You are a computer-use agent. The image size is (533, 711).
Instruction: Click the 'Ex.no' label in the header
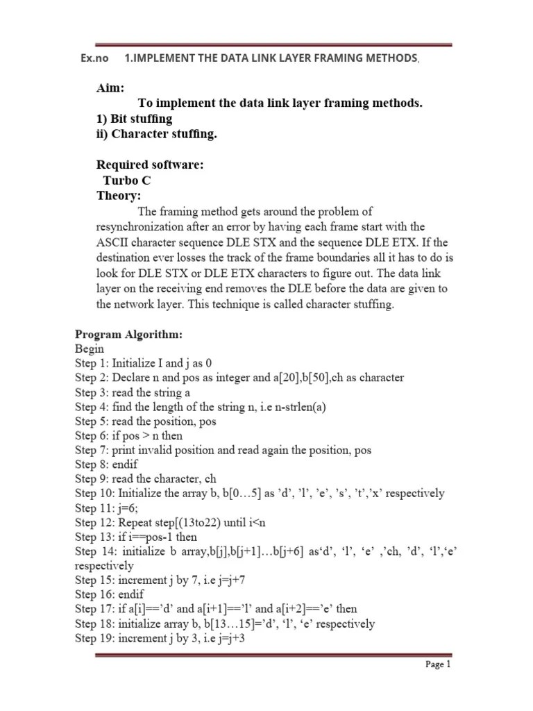(x=94, y=58)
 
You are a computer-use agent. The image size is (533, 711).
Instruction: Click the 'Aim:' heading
(x=111, y=88)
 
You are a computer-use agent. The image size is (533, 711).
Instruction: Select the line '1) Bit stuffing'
(x=135, y=119)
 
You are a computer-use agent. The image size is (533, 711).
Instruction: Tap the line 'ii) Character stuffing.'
(x=157, y=134)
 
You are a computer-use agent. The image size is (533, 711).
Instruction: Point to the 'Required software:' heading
(x=150, y=165)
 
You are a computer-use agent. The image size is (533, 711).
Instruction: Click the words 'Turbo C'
(x=127, y=181)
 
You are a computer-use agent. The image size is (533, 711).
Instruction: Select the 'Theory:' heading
(x=119, y=196)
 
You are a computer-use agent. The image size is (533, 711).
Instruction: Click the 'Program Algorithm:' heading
(x=129, y=335)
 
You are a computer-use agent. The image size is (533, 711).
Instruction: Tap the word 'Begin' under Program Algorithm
(x=90, y=349)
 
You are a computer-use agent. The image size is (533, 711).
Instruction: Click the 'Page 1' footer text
(x=438, y=664)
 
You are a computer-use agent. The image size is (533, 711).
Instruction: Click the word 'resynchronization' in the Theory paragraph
(x=141, y=227)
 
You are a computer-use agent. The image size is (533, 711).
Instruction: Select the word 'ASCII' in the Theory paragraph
(x=112, y=242)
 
